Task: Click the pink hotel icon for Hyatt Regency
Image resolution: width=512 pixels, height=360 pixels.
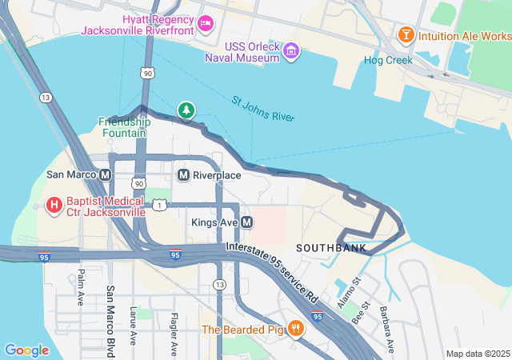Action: coord(205,22)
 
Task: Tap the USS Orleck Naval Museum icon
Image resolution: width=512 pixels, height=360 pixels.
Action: coord(292,52)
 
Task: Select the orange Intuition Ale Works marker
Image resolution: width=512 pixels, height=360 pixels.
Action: coord(406,35)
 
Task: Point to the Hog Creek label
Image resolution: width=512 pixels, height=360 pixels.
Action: coord(388,60)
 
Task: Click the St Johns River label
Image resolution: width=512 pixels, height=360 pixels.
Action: coord(263,110)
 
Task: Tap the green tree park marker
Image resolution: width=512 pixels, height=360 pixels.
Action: coord(186,110)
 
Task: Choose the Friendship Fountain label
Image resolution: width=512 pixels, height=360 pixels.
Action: coord(124,127)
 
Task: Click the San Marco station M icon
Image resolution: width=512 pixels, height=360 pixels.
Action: coord(106,174)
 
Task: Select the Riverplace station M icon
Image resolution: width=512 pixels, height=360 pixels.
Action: coord(183,174)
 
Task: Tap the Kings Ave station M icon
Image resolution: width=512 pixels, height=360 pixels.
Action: coord(247,222)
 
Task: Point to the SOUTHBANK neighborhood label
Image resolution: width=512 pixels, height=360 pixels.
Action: coord(331,249)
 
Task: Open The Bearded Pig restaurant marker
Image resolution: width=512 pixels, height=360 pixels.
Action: coord(296,328)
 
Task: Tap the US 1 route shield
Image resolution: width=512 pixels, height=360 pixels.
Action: coord(161,206)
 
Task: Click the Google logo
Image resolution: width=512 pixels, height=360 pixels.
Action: coord(26,350)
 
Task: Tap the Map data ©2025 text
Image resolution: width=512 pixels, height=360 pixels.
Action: coord(476,354)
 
